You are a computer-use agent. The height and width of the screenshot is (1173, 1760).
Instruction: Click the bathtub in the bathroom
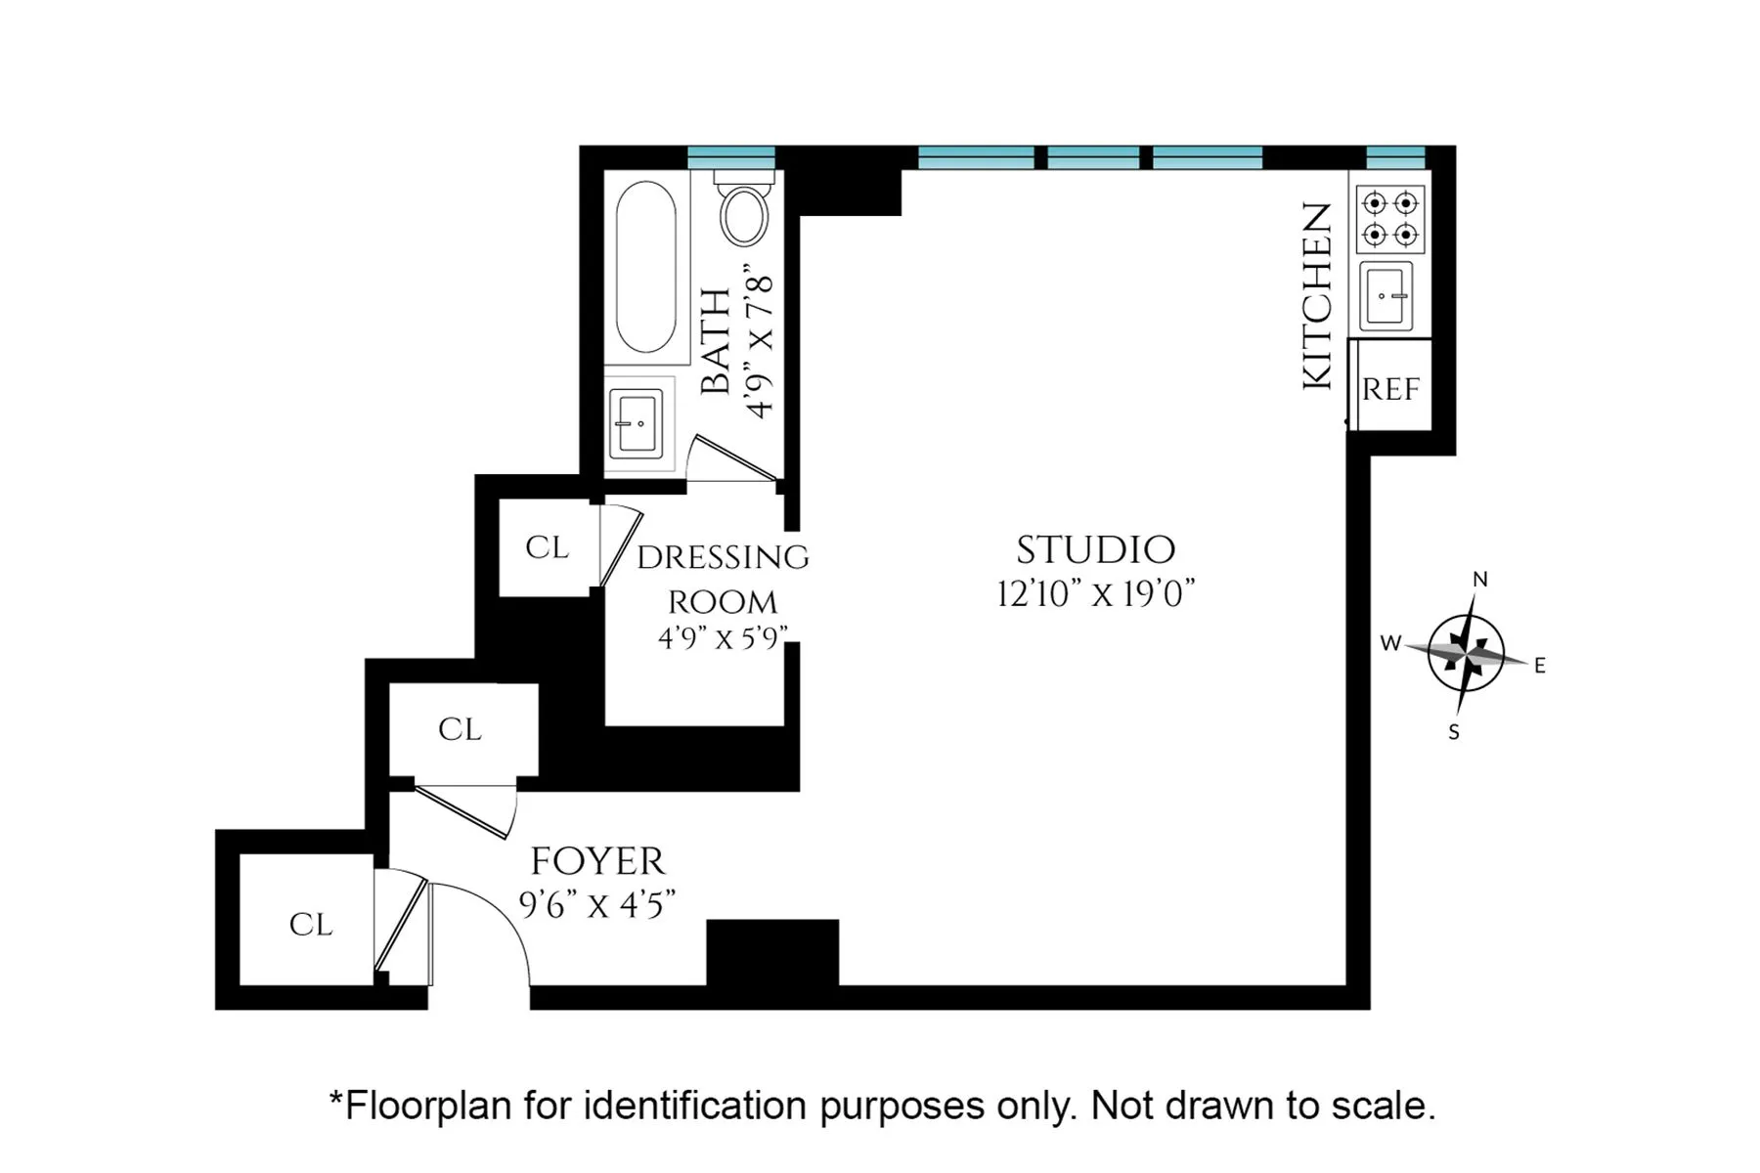[x=645, y=266]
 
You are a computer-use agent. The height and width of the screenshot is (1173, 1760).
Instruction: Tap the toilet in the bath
[x=744, y=214]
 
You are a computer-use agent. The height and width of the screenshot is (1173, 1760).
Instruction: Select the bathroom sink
[x=637, y=423]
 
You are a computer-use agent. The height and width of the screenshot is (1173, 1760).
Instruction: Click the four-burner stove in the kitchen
[x=1390, y=219]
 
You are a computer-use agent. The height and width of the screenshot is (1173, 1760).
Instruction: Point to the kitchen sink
[x=1387, y=295]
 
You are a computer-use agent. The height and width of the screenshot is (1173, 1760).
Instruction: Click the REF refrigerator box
[x=1390, y=388]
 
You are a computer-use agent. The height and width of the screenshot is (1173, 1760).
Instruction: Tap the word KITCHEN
[x=1317, y=296]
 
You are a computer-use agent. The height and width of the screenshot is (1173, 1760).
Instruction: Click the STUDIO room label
[x=1095, y=550]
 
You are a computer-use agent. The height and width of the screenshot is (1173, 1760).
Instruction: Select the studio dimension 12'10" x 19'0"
[x=1096, y=594]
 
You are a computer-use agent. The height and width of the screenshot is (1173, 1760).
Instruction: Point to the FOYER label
[x=597, y=862]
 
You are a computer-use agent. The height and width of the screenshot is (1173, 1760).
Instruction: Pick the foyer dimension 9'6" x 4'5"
[x=597, y=905]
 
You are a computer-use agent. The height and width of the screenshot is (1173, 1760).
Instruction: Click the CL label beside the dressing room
[x=547, y=547]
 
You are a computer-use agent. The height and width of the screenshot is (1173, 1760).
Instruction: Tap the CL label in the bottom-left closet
[x=311, y=925]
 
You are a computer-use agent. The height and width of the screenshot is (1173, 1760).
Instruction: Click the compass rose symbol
[x=1466, y=652]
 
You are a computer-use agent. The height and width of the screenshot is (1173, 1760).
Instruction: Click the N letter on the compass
[x=1480, y=580]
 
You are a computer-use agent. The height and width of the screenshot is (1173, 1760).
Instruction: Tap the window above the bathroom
[x=730, y=157]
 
